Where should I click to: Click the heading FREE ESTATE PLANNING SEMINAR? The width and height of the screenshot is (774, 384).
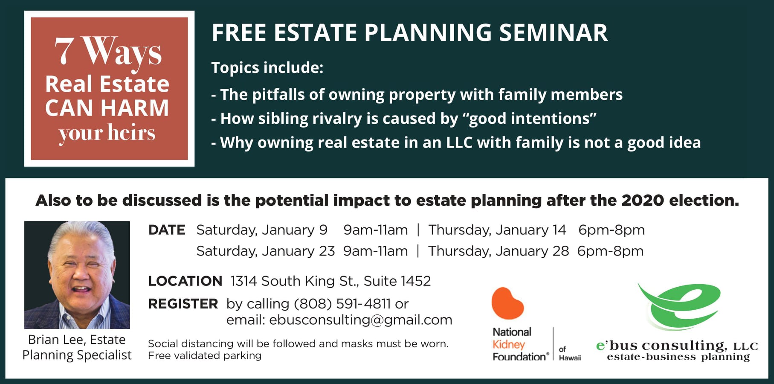409,33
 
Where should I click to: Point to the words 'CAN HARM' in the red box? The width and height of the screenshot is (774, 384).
107,108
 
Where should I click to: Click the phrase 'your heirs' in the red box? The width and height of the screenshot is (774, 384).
107,133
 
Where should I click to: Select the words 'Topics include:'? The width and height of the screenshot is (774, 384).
267,68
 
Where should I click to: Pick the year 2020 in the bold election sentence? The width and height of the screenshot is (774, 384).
643,200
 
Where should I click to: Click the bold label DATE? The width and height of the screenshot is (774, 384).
166,230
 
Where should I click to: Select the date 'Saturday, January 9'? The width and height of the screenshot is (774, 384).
262,230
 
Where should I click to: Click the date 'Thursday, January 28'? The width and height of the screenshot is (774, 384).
499,251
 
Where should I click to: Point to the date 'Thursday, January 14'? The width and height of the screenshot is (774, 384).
497,230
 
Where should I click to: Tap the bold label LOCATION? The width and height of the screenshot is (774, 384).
185,281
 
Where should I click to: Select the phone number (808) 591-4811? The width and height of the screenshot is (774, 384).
342,304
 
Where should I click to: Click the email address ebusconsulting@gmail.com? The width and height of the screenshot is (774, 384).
361,320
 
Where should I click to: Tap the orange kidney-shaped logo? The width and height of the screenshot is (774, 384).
507,303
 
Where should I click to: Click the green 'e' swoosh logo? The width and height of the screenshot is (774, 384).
680,306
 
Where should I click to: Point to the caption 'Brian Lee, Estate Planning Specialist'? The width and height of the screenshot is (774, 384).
77,347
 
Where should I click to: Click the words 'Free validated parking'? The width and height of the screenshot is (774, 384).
205,356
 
